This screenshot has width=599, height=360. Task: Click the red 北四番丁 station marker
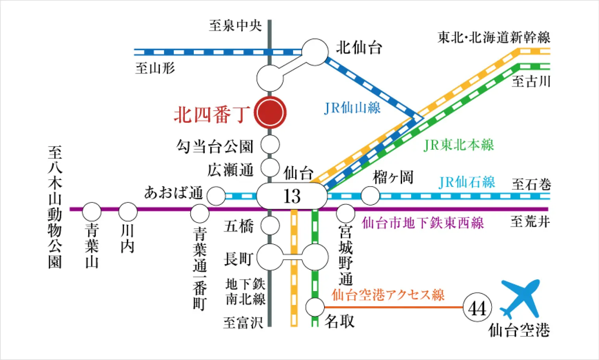pyautogui.click(x=270, y=113)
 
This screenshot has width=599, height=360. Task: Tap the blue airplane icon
pyautogui.click(x=520, y=299)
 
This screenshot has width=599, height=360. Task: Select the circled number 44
pyautogui.click(x=477, y=308)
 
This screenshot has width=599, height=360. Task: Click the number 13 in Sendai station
pyautogui.click(x=292, y=196)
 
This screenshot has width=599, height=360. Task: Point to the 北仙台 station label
pyautogui.click(x=359, y=48)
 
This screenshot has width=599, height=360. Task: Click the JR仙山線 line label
pyautogui.click(x=352, y=108)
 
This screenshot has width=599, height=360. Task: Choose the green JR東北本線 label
pyautogui.click(x=458, y=145)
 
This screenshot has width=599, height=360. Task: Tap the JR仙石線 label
pyautogui.click(x=467, y=182)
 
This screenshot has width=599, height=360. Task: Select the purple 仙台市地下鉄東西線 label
pyautogui.click(x=423, y=223)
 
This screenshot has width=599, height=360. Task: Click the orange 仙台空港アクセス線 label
pyautogui.click(x=388, y=295)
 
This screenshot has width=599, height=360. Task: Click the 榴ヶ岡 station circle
pyautogui.click(x=370, y=196)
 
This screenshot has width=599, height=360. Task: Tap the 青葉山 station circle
pyautogui.click(x=91, y=212)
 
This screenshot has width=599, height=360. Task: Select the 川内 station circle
pyautogui.click(x=128, y=212)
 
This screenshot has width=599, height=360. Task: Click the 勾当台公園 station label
pyautogui.click(x=215, y=146)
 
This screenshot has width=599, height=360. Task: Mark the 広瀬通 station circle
pyautogui.click(x=270, y=167)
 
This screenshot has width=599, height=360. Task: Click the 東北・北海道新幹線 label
pyautogui.click(x=494, y=37)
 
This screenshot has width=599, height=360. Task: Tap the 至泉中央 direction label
pyautogui.click(x=235, y=26)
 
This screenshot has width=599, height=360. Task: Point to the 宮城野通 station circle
pyautogui.click(x=345, y=213)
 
